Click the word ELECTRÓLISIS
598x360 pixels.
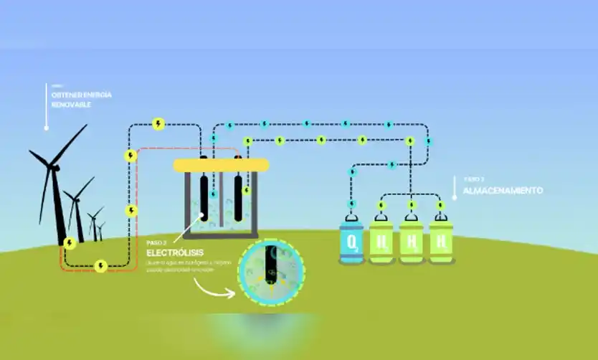(x=175, y=253)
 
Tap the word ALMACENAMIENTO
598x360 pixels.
(x=502, y=191)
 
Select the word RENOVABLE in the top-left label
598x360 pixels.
(x=71, y=105)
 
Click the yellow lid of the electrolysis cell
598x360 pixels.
(x=221, y=165)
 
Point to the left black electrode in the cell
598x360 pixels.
(x=204, y=197)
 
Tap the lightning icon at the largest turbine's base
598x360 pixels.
(x=70, y=243)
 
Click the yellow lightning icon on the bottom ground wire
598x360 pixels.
(x=101, y=266)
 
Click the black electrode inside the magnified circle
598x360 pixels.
(x=270, y=267)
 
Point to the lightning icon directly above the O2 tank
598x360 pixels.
(x=352, y=206)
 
